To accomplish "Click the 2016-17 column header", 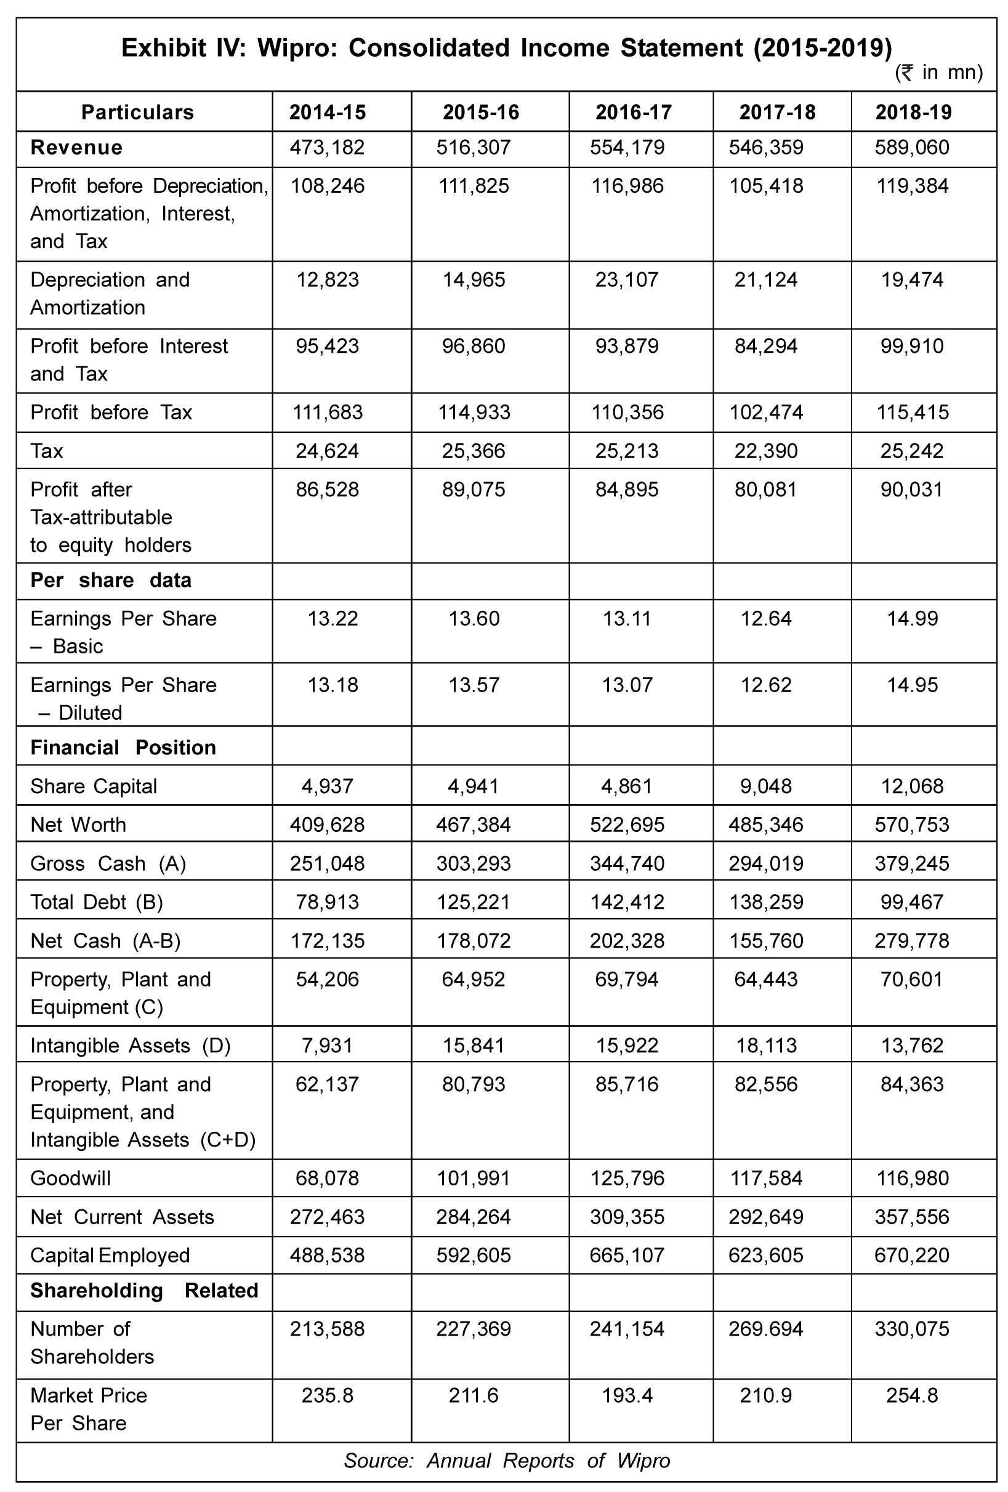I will (x=633, y=112).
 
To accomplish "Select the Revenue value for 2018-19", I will (x=912, y=148).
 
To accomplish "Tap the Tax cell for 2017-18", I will (x=766, y=451).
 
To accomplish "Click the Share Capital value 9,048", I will (x=766, y=786).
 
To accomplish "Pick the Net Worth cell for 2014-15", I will (x=327, y=825).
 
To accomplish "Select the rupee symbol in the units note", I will (x=906, y=73).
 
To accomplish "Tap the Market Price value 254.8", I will (x=912, y=1395).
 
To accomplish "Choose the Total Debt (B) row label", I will (x=96, y=902).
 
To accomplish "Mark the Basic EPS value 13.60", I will (x=474, y=619).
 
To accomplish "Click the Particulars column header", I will (x=137, y=112).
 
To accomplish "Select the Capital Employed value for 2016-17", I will (x=627, y=1255).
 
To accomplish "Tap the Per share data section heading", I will (x=111, y=581).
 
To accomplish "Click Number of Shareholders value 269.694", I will (x=766, y=1328).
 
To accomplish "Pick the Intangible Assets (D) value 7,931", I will (x=327, y=1045).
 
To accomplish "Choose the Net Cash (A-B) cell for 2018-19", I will (x=912, y=940).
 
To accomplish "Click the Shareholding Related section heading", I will (x=144, y=1291).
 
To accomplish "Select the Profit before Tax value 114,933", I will (x=474, y=412).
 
